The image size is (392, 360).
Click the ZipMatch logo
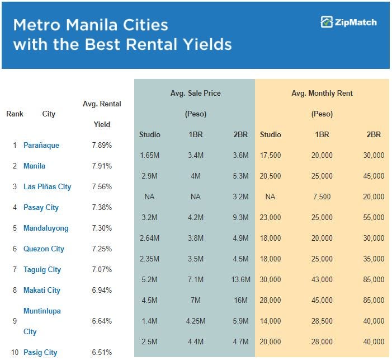(x=348, y=22)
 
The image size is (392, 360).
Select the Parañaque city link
(x=41, y=145)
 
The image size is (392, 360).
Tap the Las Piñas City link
(x=47, y=186)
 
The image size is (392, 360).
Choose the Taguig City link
(x=42, y=269)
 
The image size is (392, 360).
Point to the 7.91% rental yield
(x=102, y=166)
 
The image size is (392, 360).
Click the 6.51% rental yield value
(x=102, y=352)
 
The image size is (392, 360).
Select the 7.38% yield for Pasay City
(x=102, y=207)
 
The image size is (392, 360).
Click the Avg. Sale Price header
(x=196, y=93)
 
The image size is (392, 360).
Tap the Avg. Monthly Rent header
(x=322, y=93)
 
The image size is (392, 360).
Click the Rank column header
(x=15, y=114)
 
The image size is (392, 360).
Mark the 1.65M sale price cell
(x=150, y=155)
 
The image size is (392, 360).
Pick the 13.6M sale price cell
(x=240, y=279)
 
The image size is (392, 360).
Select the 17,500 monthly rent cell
(x=270, y=155)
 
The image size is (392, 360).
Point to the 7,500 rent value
(x=322, y=197)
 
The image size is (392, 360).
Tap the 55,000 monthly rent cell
(x=374, y=217)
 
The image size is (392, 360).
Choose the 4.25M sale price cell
(x=196, y=321)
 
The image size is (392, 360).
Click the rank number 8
(x=15, y=290)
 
